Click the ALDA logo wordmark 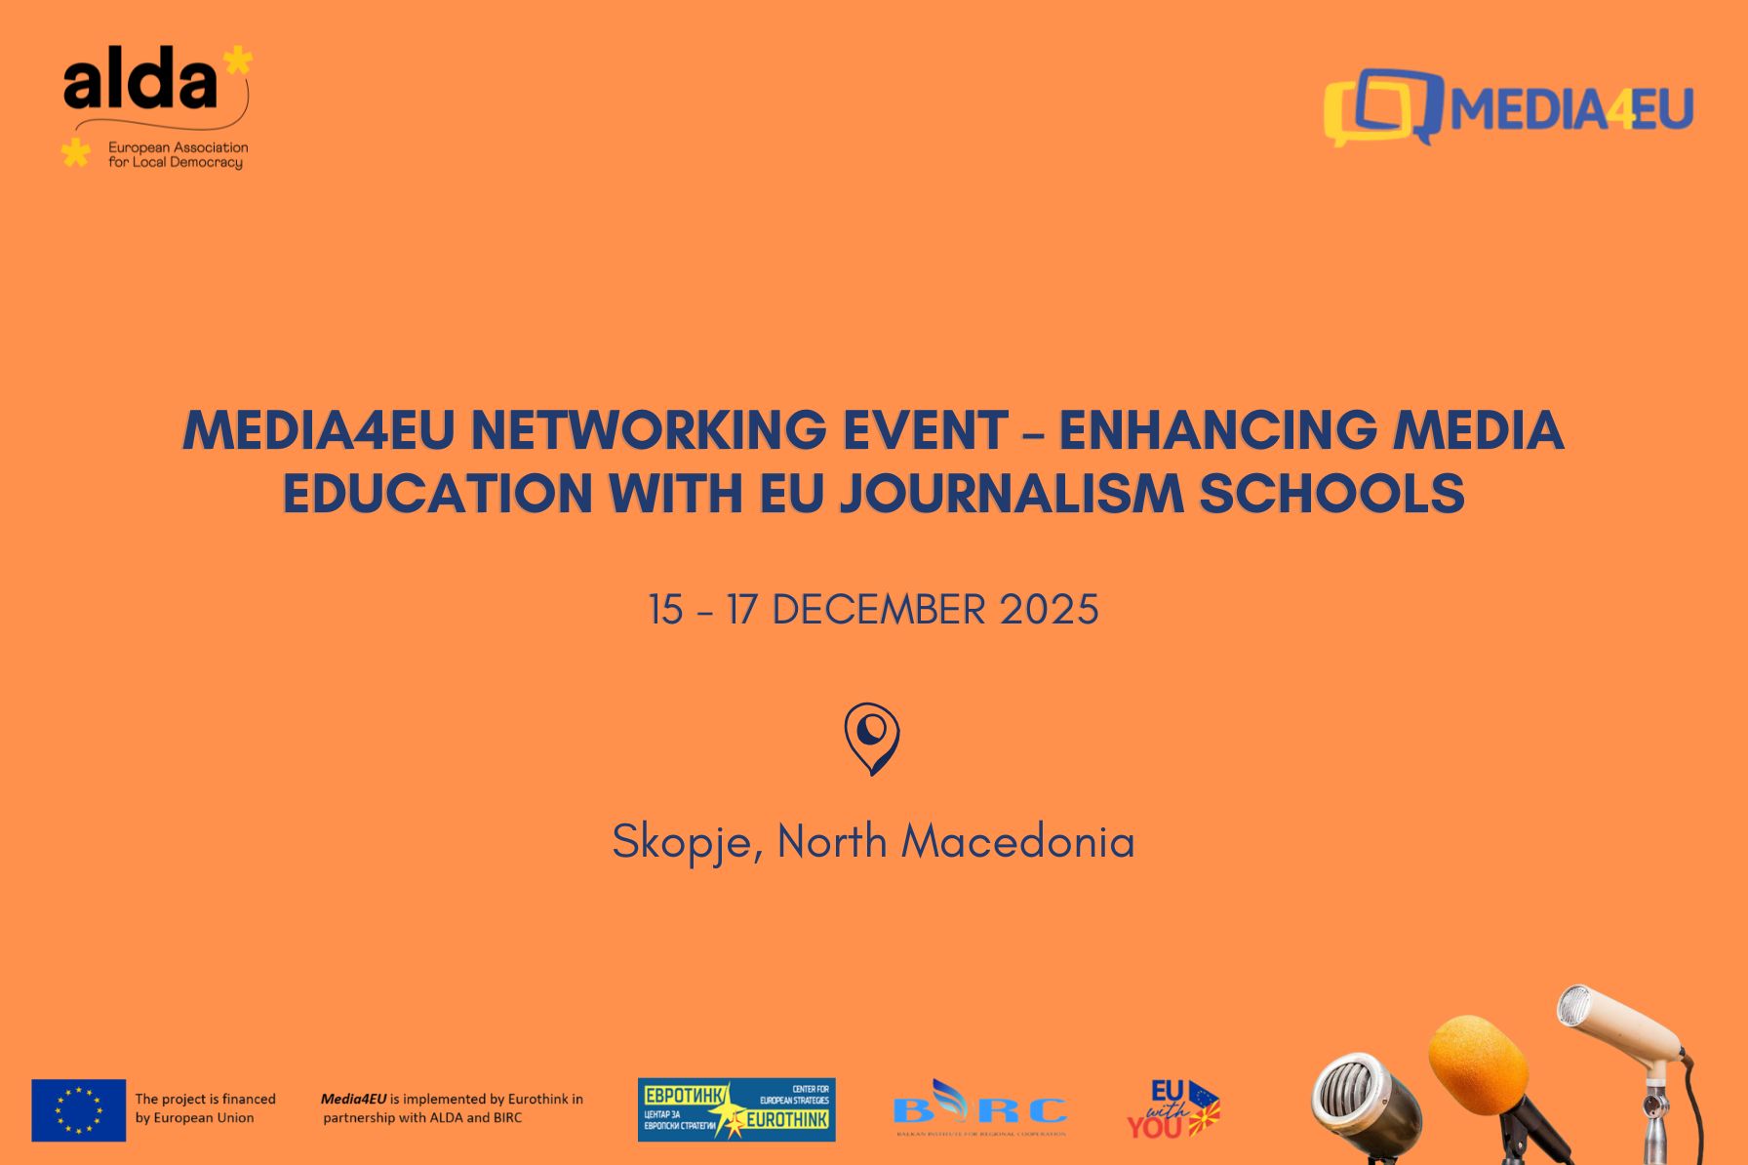[141, 81]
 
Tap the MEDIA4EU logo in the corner [1508, 107]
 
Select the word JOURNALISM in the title [1011, 493]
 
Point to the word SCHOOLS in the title [1331, 493]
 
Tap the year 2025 [1050, 611]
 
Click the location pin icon [872, 738]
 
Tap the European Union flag [79, 1110]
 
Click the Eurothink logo [736, 1109]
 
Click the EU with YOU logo [1173, 1109]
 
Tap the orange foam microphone [1478, 1065]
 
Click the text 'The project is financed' [205, 1099]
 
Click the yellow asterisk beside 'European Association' [75, 152]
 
